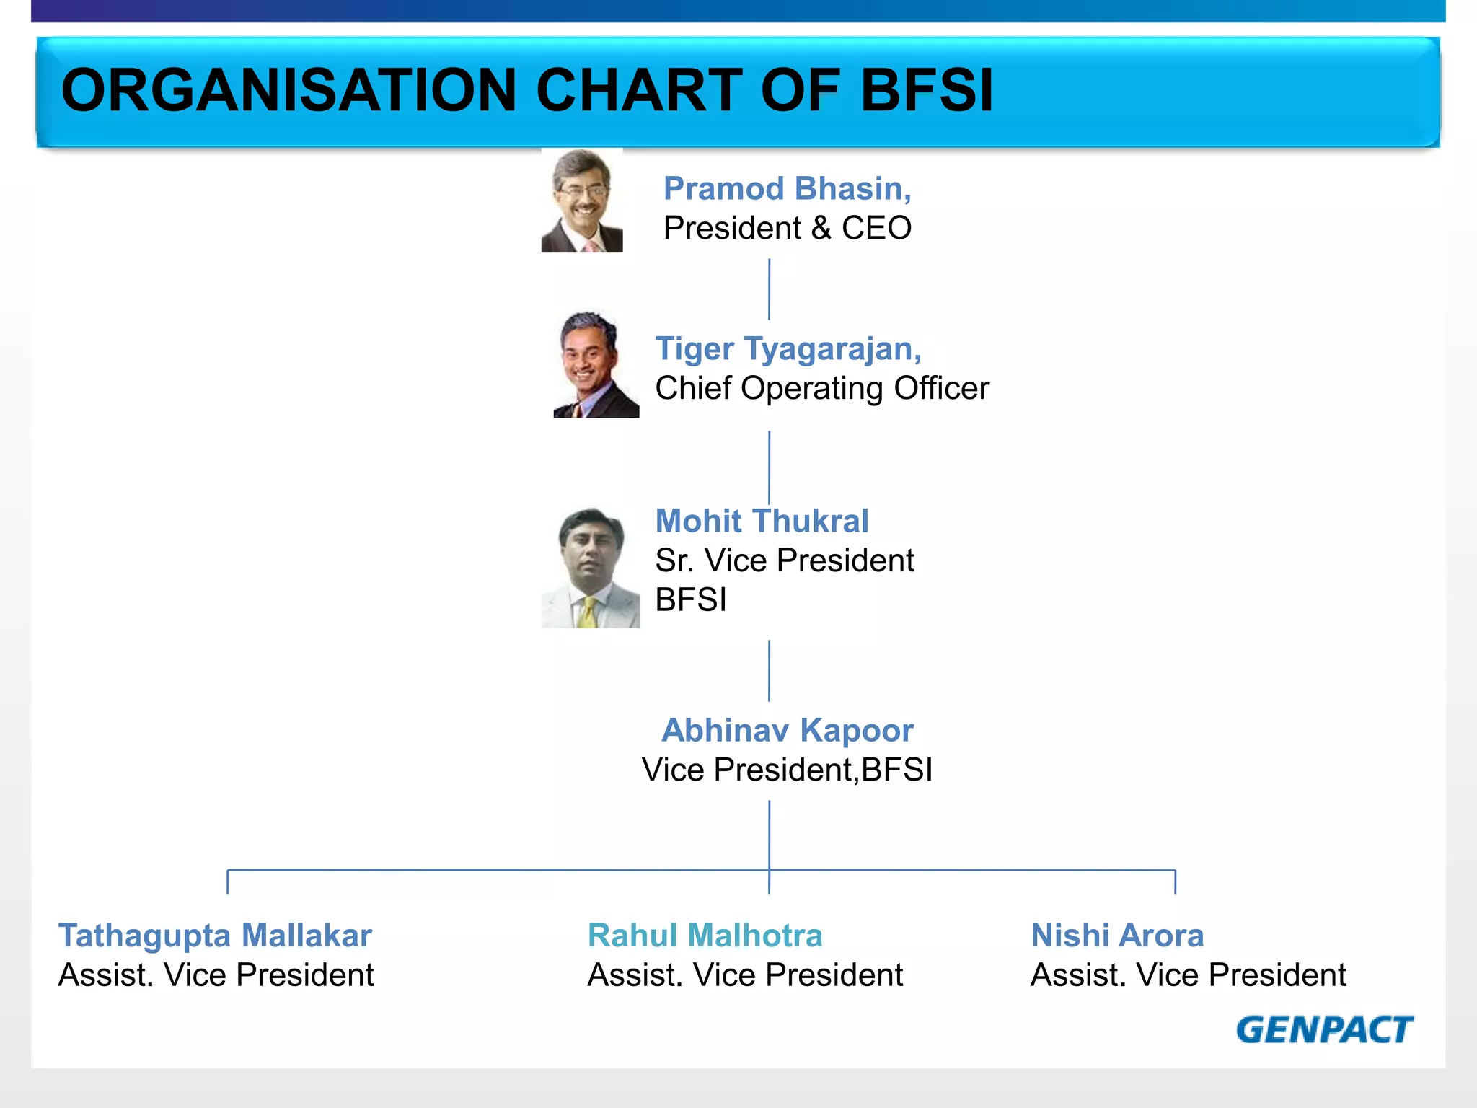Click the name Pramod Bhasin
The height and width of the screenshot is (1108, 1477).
click(x=787, y=189)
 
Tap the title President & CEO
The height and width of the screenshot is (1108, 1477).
click(x=787, y=229)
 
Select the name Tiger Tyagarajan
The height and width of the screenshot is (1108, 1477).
click(x=788, y=349)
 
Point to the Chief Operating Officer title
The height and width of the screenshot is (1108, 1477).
click(x=821, y=389)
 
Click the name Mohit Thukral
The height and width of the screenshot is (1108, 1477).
click(x=762, y=521)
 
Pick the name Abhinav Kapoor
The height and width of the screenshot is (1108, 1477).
click(x=787, y=731)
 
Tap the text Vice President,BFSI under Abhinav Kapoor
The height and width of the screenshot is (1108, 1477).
click(x=787, y=770)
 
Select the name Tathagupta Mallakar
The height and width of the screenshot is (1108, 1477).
click(x=215, y=936)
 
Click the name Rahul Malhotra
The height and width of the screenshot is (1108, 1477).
click(x=705, y=936)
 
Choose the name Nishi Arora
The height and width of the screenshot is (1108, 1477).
click(x=1117, y=936)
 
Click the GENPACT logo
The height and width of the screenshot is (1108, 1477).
click(x=1325, y=1029)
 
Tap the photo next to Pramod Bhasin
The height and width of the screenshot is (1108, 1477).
click(x=582, y=201)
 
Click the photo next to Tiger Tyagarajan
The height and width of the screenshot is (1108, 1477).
click(x=595, y=364)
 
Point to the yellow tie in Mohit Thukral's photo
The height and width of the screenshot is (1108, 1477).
click(x=588, y=612)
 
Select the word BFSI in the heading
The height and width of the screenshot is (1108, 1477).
click(x=927, y=91)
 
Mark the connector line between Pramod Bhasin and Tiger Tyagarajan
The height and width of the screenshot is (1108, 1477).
click(x=769, y=289)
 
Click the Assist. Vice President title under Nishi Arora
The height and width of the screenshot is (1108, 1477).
click(x=1188, y=975)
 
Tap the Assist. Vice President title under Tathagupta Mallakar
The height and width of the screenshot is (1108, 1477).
click(x=216, y=975)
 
